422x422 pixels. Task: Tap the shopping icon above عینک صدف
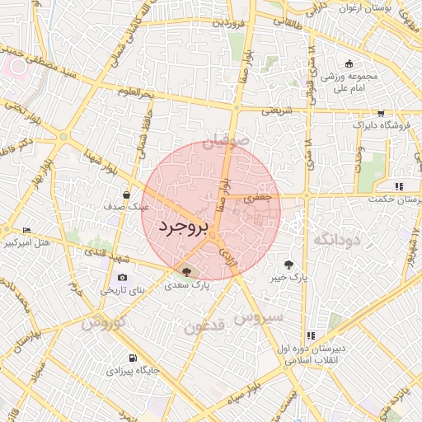pyautogui.click(x=125, y=195)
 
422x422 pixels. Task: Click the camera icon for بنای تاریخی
pyautogui.click(x=122, y=278)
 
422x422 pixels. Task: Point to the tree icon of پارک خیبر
pyautogui.click(x=288, y=265)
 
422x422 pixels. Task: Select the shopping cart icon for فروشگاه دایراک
pyautogui.click(x=381, y=114)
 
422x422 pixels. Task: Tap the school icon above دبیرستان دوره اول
pyautogui.click(x=311, y=335)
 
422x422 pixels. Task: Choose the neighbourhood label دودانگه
pyautogui.click(x=339, y=239)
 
